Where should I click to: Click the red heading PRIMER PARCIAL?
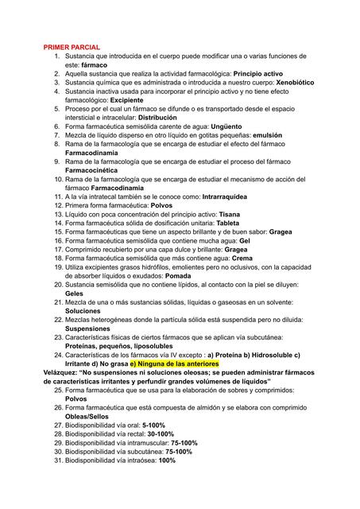pos(72,49)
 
